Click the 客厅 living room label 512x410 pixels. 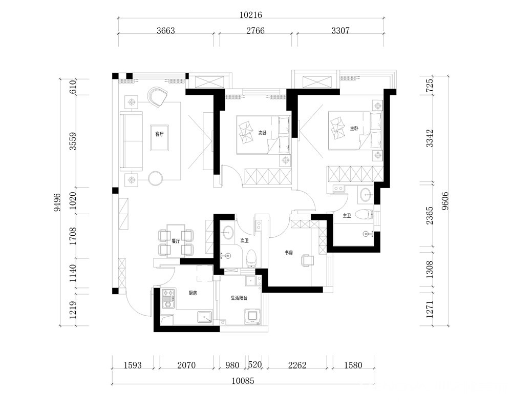(x=159, y=134)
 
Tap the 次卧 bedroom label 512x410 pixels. (x=263, y=133)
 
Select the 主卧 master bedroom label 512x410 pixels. (x=354, y=129)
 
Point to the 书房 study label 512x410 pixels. (x=289, y=253)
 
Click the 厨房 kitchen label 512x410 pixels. (x=193, y=293)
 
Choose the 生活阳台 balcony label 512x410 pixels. (x=239, y=298)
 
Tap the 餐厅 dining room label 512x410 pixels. (x=176, y=241)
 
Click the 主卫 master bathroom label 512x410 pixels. (x=347, y=215)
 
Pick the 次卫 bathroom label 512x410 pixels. (x=245, y=241)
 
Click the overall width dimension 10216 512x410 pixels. (x=250, y=15)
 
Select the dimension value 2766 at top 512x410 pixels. (x=255, y=30)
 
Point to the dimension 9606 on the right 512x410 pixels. (x=445, y=201)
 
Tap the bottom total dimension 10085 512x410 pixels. (x=243, y=381)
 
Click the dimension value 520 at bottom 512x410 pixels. (x=255, y=364)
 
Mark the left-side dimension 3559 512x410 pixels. (x=73, y=141)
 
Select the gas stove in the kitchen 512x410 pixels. (x=168, y=298)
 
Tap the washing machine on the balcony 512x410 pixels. (x=253, y=316)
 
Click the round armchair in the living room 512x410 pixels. (x=157, y=96)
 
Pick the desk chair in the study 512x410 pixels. (x=307, y=260)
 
